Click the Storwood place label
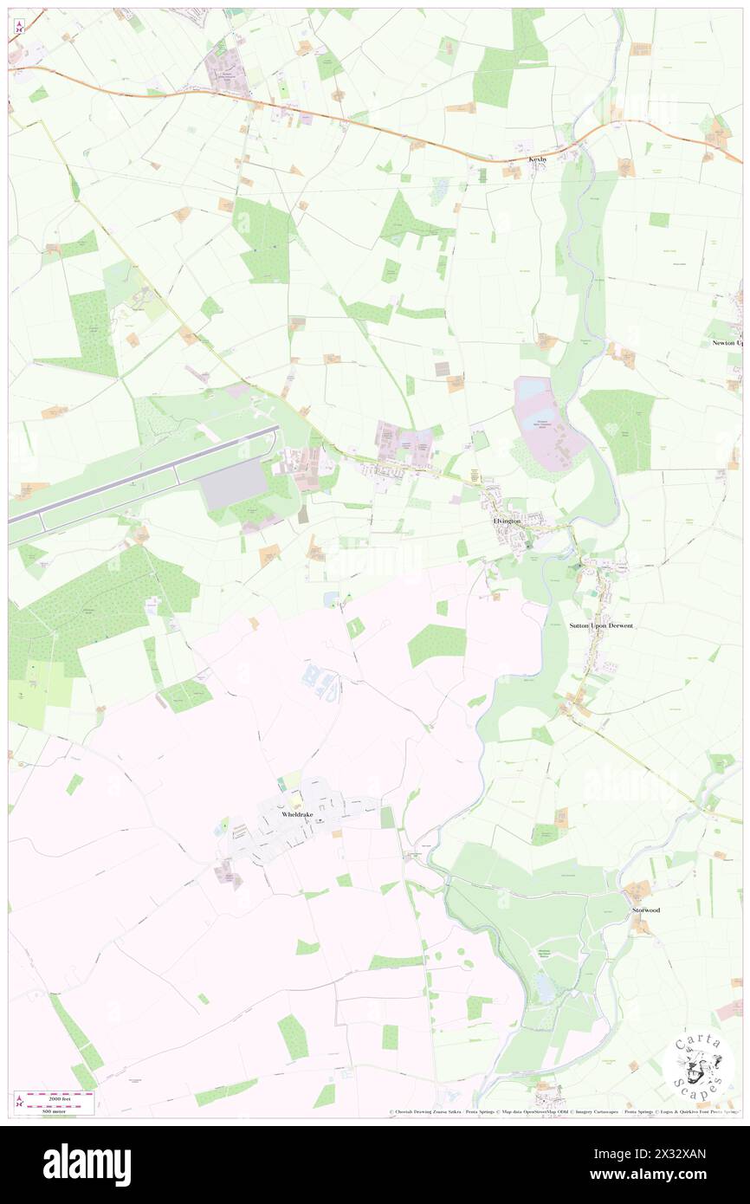[x=646, y=910]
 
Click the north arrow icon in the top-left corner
[x=18, y=26]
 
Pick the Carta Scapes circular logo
[x=698, y=1065]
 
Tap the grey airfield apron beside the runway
[x=235, y=483]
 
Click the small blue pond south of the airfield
[x=331, y=599]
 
